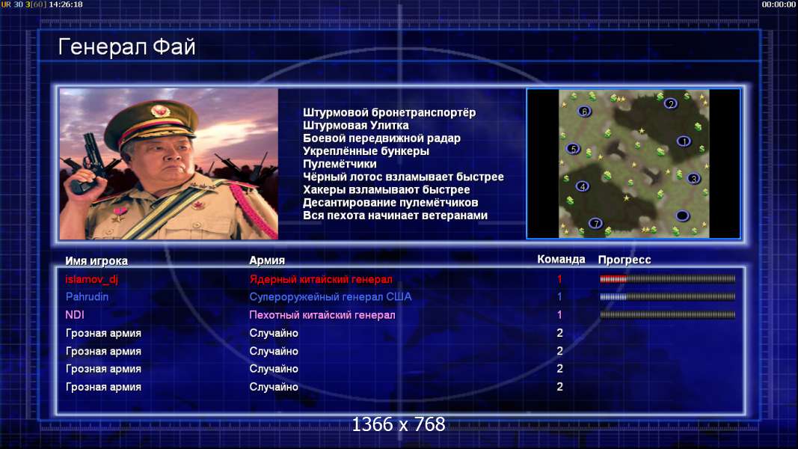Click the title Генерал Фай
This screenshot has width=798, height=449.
click(x=126, y=47)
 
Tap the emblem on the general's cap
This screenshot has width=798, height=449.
click(x=160, y=111)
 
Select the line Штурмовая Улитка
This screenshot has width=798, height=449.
click(x=356, y=125)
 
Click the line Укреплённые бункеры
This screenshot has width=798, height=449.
click(x=366, y=151)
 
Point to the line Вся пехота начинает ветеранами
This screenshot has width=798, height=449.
click(x=396, y=216)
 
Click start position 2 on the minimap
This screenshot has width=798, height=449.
click(x=671, y=104)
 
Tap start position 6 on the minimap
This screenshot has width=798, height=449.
click(x=584, y=112)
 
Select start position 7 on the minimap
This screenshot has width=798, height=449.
click(x=595, y=223)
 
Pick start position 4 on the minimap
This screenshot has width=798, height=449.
click(x=583, y=186)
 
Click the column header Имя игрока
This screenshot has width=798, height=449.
click(x=96, y=260)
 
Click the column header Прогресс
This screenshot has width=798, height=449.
click(x=624, y=260)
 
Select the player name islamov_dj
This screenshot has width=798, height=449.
click(x=91, y=279)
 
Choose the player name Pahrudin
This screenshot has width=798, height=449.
click(x=87, y=297)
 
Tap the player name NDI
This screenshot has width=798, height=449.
click(x=75, y=315)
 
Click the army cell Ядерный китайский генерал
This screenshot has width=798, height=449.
click(x=321, y=279)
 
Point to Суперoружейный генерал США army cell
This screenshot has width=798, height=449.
click(x=331, y=297)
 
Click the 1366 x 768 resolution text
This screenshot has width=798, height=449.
click(x=399, y=424)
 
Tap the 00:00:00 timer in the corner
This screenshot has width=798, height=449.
click(x=778, y=4)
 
